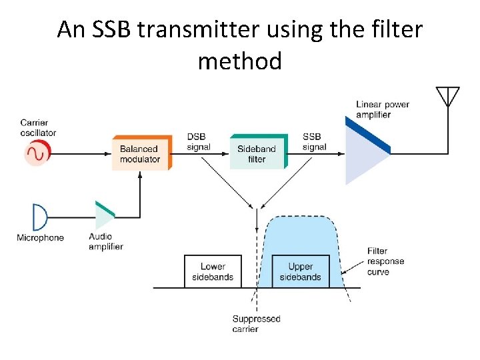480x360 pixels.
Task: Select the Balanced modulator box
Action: (x=141, y=153)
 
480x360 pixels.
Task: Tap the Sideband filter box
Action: (x=257, y=153)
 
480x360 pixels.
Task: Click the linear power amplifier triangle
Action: (x=363, y=152)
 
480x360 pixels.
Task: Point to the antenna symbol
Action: (x=447, y=97)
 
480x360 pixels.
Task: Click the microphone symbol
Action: (x=40, y=217)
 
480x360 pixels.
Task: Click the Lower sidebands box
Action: (x=213, y=271)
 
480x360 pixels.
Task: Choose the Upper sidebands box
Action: (x=300, y=271)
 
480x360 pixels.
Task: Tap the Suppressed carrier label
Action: (x=256, y=323)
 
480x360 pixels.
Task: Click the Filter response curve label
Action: (x=385, y=261)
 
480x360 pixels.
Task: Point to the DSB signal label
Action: (x=199, y=142)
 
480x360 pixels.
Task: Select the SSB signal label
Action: (x=314, y=142)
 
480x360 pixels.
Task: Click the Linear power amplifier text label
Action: (x=383, y=109)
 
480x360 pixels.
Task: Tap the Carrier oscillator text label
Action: (x=38, y=127)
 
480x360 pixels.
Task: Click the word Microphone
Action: (x=40, y=238)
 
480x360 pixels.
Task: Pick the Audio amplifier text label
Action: (x=106, y=241)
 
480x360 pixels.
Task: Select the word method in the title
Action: (x=240, y=61)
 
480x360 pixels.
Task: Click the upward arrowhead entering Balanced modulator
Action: (x=140, y=175)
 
